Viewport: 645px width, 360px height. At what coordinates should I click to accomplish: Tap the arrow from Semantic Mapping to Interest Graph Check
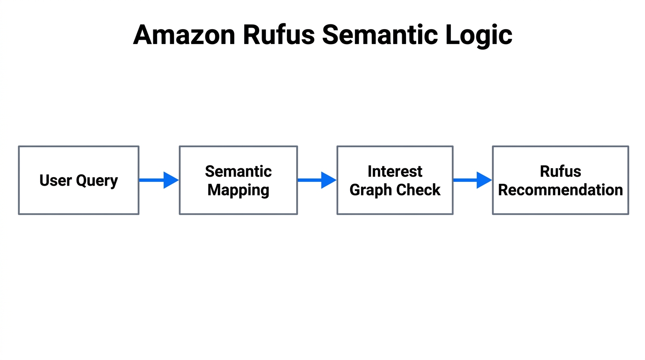317,180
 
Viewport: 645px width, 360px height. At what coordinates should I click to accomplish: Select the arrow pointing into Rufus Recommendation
472,180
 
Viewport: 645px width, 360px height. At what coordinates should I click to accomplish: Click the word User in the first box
54,180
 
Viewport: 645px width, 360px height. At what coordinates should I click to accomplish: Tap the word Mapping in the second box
238,190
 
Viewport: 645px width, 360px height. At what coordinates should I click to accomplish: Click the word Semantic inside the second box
238,171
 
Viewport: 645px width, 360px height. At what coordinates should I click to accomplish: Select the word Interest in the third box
395,171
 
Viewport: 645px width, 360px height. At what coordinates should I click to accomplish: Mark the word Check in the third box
419,190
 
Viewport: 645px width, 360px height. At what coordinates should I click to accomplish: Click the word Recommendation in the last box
560,190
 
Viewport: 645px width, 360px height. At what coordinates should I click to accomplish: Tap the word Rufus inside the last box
560,171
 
